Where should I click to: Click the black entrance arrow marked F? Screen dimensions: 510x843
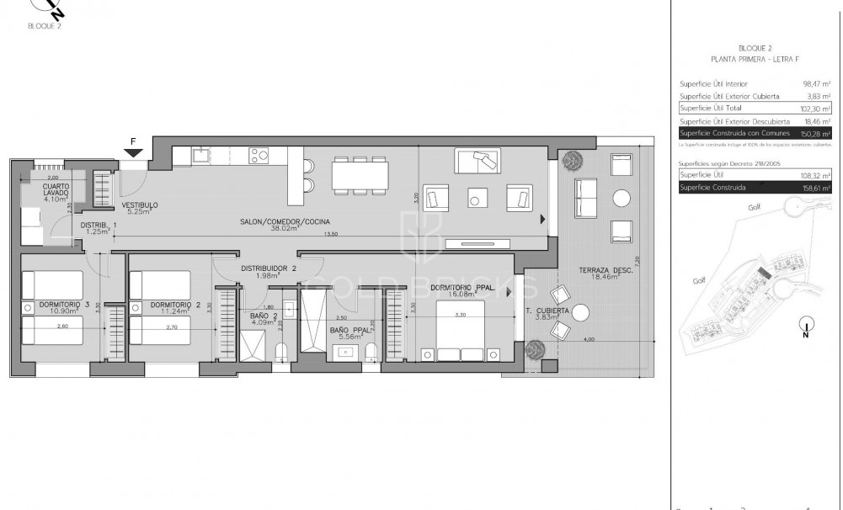(133, 152)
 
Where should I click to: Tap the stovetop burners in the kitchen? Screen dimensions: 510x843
(258, 155)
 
